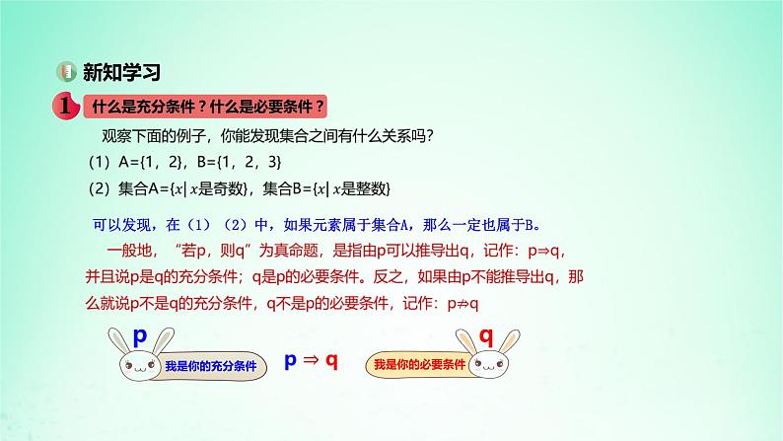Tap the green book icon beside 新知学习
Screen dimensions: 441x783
pos(66,72)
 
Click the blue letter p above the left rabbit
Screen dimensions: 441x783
pos(140,336)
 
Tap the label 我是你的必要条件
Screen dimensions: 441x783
pos(411,365)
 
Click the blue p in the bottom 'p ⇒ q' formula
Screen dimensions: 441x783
pos(290,361)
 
